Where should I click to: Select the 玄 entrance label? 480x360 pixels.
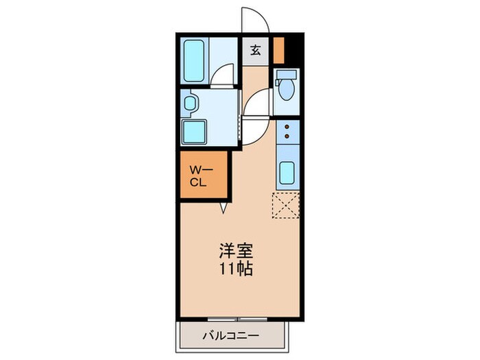(x=255, y=50)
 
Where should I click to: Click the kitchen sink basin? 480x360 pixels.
(x=287, y=173)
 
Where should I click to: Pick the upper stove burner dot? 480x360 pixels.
(x=287, y=126)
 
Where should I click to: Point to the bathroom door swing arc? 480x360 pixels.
(x=221, y=75)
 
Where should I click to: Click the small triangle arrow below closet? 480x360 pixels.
(x=222, y=206)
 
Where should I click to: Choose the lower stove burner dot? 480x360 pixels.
(x=287, y=135)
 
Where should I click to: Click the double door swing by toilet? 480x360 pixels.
(x=255, y=110)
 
